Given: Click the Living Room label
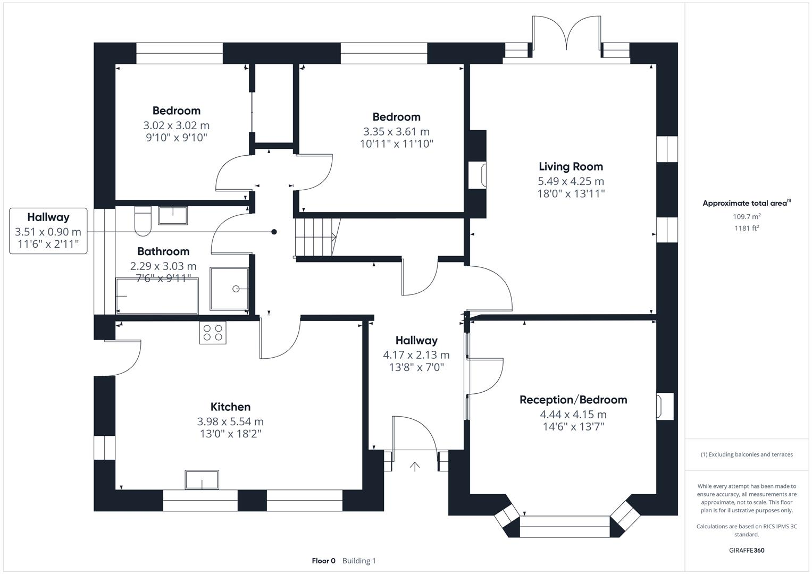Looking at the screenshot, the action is point(571,167).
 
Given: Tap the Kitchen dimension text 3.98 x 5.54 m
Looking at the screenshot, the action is point(230,421).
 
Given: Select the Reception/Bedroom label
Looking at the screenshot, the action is point(573,400).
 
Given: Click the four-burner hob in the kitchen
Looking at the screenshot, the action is point(213,333).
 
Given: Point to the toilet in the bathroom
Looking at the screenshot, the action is point(143,221).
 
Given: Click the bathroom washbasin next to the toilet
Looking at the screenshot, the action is point(173,216).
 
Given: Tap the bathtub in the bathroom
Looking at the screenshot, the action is point(157,296).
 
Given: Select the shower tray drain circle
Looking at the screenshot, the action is point(236,289).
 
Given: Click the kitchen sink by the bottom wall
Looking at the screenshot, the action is point(202,480).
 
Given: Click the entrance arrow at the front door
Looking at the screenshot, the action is point(415,467).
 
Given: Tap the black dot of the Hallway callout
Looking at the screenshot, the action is point(274,232).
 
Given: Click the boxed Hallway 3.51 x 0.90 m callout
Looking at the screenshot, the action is point(48,231).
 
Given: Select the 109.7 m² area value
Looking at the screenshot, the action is point(747,216).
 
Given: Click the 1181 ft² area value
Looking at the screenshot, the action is point(747,228).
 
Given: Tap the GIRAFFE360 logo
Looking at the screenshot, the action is point(747,550).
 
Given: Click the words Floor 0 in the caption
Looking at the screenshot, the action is point(324,561).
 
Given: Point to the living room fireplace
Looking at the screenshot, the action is point(477,175).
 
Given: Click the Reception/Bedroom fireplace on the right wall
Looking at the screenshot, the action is point(665,406).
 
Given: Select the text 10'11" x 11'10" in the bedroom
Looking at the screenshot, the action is point(397,144).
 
